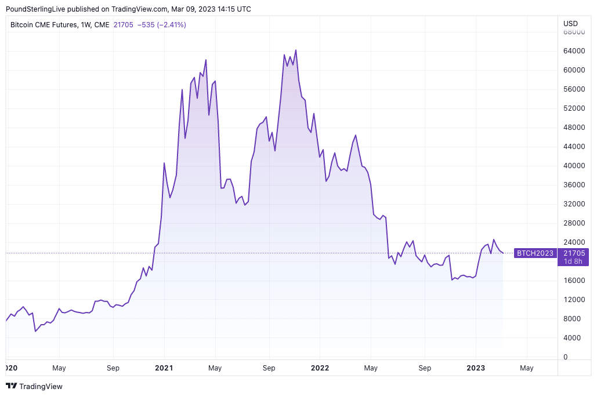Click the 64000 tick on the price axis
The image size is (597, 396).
(573, 51)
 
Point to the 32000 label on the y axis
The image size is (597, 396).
(573, 204)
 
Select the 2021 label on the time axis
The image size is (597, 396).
(164, 368)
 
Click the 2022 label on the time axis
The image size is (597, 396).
(320, 368)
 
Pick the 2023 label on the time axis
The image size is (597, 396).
(476, 368)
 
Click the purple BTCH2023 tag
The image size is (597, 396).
(534, 253)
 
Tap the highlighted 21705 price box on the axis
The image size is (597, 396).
(573, 253)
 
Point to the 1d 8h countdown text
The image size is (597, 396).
(573, 261)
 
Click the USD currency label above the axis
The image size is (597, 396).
(571, 24)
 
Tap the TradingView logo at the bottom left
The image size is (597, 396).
(34, 386)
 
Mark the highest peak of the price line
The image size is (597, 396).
(296, 50)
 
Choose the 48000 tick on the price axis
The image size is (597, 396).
(573, 128)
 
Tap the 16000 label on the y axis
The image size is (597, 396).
(573, 281)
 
